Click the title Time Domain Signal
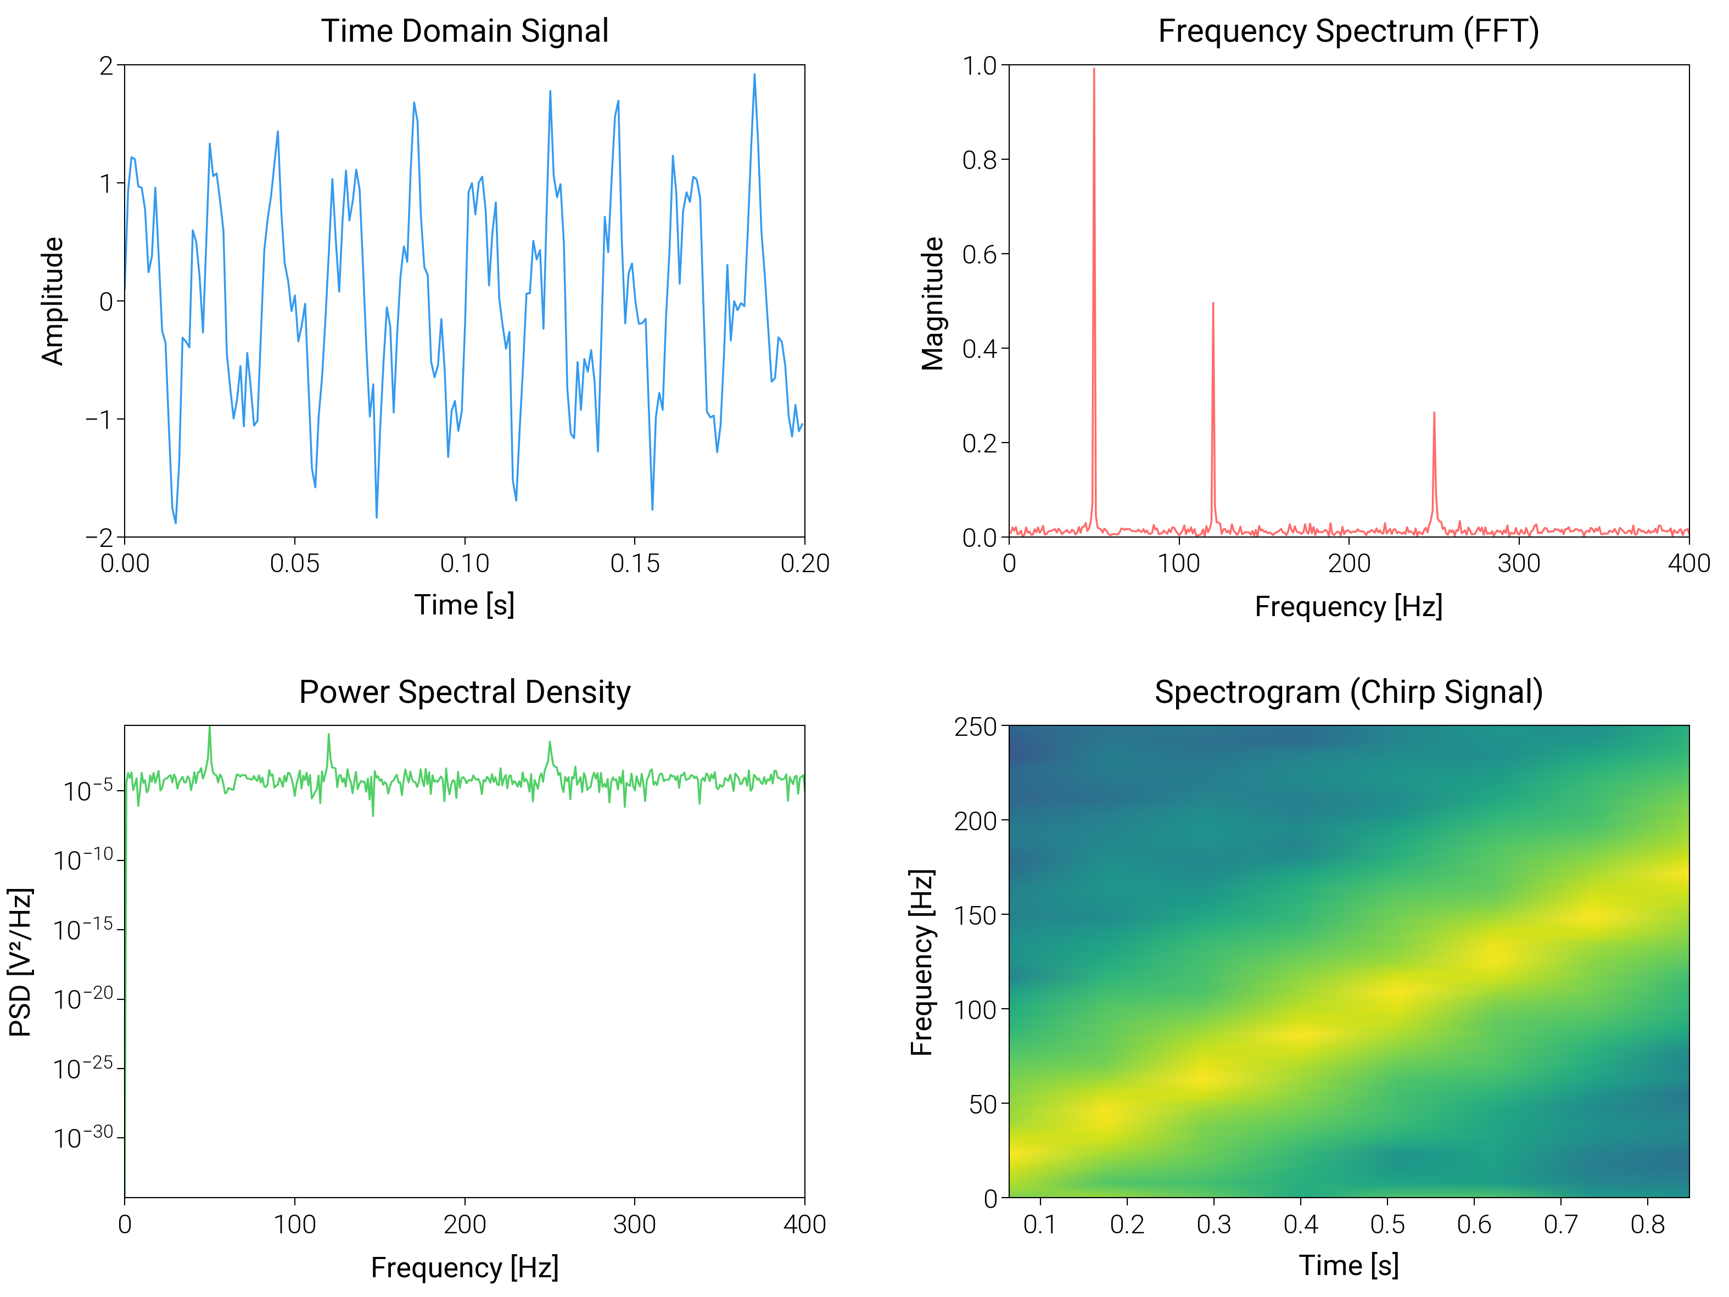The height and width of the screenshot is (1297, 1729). click(x=465, y=31)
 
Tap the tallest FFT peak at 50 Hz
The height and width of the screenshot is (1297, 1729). click(x=1094, y=70)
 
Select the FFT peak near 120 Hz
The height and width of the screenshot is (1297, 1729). click(x=1212, y=304)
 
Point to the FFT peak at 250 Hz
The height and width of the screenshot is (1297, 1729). click(x=1434, y=413)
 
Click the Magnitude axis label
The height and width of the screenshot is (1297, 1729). click(x=932, y=303)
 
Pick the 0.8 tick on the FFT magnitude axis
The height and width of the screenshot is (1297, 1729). click(x=980, y=160)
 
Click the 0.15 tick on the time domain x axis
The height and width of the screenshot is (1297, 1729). click(x=635, y=563)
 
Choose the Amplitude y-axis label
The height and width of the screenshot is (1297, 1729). click(x=52, y=301)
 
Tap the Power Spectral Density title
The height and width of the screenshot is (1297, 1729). click(x=465, y=692)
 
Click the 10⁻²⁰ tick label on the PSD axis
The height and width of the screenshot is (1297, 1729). click(x=83, y=998)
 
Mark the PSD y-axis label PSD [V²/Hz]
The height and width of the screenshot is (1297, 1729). click(x=20, y=961)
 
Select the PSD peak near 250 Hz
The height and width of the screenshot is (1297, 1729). click(x=550, y=743)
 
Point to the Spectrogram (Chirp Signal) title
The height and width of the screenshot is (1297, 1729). click(x=1348, y=692)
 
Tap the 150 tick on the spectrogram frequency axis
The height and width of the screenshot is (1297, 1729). click(x=976, y=915)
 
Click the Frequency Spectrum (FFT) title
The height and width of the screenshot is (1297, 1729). click(x=1348, y=31)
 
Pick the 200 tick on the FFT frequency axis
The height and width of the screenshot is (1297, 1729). click(x=1349, y=563)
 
